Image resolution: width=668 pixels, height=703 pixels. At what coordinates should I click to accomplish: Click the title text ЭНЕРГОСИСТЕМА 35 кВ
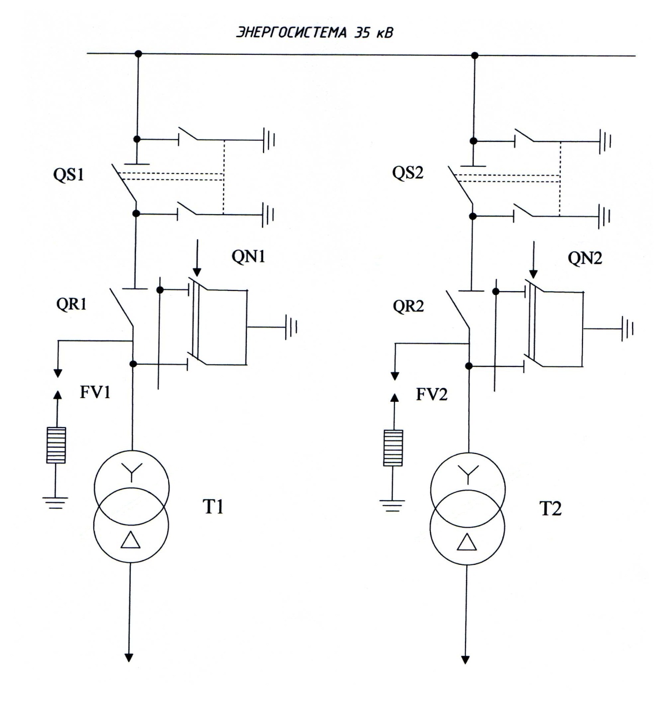[x=314, y=33]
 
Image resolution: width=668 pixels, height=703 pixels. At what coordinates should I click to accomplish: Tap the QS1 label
[x=68, y=174]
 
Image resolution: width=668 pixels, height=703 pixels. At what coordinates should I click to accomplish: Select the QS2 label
[x=408, y=173]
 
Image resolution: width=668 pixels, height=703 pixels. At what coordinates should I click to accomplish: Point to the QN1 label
[x=248, y=256]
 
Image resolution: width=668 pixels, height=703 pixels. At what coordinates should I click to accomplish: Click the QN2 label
[x=585, y=258]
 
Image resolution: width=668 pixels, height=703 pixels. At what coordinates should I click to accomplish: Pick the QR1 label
[x=71, y=304]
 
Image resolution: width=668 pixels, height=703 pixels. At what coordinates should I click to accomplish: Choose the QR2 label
[x=408, y=307]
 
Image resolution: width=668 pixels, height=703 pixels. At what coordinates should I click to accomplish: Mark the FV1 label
[x=95, y=392]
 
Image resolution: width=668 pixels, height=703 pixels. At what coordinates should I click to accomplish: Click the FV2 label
[x=432, y=395]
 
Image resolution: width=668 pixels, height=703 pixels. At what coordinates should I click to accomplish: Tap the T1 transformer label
[x=213, y=507]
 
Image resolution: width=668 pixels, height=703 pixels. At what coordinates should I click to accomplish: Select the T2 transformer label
[x=550, y=509]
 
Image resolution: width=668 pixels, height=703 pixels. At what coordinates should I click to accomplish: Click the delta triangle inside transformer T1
[x=130, y=540]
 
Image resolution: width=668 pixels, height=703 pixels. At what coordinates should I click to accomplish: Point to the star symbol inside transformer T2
[x=468, y=474]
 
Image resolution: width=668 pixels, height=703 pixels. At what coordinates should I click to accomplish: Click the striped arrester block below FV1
[x=56, y=445]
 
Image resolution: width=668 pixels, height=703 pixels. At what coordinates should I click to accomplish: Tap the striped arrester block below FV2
[x=393, y=448]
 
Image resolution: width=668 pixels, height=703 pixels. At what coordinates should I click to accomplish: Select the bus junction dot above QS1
[x=139, y=54]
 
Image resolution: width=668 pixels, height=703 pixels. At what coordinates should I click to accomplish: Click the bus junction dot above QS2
[x=475, y=55]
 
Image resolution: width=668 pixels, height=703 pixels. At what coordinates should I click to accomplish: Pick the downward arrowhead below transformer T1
[x=129, y=657]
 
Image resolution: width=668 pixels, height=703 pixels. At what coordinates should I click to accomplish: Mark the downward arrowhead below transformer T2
[x=465, y=660]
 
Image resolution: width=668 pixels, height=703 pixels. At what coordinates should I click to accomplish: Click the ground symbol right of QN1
[x=291, y=327]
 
